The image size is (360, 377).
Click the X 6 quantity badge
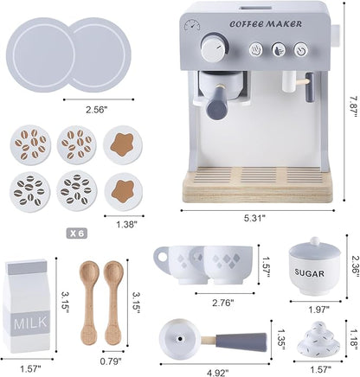77,233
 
